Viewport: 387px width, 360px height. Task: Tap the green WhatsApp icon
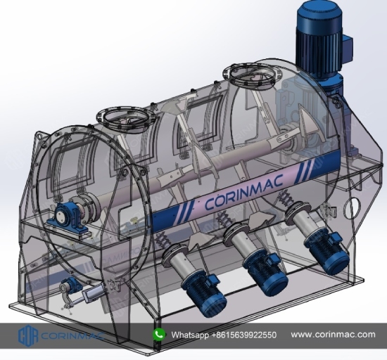(x=159, y=335)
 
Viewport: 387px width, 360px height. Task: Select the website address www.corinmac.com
(x=334, y=335)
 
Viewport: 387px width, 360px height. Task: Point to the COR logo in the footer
(x=28, y=335)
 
